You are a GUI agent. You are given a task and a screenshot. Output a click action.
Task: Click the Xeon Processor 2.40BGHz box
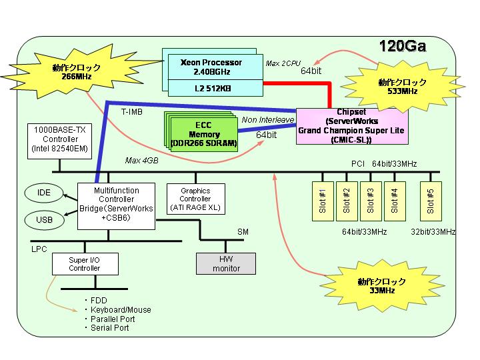(x=215, y=67)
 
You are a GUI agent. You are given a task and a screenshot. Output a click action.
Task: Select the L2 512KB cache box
(x=215, y=88)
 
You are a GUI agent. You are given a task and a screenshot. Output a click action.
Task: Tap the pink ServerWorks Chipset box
(x=352, y=126)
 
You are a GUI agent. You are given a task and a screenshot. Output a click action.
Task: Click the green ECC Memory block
(x=204, y=135)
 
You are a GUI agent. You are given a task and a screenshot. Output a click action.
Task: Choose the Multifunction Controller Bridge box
(x=116, y=206)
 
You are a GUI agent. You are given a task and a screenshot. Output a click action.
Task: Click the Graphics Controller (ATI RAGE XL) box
(x=196, y=199)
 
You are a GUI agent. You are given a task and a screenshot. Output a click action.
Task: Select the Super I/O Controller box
(x=85, y=264)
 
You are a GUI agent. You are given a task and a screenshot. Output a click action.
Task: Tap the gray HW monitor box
(x=226, y=263)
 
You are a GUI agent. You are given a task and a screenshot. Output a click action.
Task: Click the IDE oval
(x=44, y=193)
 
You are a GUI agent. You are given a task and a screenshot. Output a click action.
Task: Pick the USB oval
(x=45, y=220)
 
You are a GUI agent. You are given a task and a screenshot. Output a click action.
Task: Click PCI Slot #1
(x=323, y=201)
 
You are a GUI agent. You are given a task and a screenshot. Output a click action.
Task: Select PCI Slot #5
(x=431, y=201)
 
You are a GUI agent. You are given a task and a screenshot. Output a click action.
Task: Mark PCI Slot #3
(x=371, y=201)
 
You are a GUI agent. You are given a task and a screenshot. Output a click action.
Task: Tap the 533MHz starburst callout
(x=402, y=87)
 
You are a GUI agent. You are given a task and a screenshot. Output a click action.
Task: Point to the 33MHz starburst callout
(x=382, y=285)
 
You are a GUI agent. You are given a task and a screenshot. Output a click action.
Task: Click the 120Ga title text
(x=403, y=46)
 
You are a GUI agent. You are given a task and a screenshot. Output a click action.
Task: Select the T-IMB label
(x=132, y=112)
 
